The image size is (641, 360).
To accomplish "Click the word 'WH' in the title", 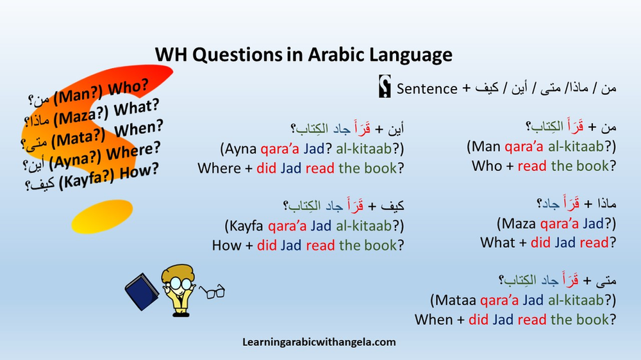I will pyautogui.click(x=171, y=55).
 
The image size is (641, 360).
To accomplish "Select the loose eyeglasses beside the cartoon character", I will pyautogui.click(x=212, y=292).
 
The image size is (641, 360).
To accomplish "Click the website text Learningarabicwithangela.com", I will pyautogui.click(x=319, y=342).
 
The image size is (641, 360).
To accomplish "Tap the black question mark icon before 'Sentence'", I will pyautogui.click(x=385, y=88).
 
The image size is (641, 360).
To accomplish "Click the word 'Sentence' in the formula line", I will pyautogui.click(x=427, y=88).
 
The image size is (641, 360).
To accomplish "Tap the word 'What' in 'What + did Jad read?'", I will pyautogui.click(x=497, y=243).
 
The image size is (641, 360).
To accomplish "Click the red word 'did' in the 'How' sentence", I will pyautogui.click(x=267, y=245).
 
